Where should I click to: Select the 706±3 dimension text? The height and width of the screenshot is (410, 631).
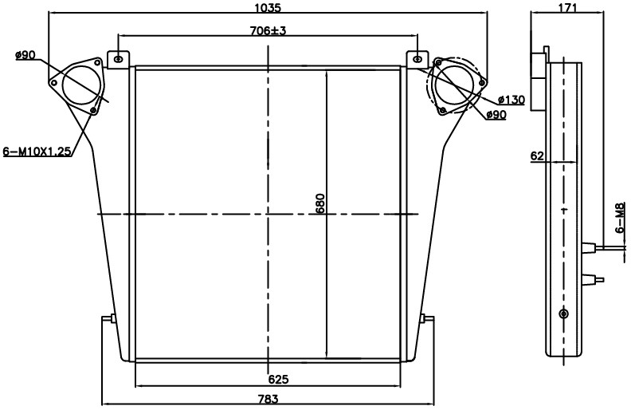[268, 30]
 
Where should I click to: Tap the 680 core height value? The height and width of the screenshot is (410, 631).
[320, 203]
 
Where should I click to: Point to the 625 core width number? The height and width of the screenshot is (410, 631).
[279, 379]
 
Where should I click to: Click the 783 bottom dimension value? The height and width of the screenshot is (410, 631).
[268, 399]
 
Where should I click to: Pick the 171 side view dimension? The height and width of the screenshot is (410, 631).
[567, 7]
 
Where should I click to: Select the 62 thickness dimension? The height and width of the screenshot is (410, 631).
[537, 156]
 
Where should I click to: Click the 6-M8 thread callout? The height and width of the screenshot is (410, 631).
[621, 219]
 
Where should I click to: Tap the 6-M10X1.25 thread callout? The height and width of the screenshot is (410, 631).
[37, 152]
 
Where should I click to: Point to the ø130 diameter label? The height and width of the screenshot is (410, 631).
[511, 100]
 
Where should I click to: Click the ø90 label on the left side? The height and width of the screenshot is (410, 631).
[25, 55]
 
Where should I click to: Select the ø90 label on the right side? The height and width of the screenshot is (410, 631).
[496, 115]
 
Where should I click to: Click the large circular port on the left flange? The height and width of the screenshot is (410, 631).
[80, 85]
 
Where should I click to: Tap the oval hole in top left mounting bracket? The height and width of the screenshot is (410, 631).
[118, 59]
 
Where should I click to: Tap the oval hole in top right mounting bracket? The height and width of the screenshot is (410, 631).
[418, 59]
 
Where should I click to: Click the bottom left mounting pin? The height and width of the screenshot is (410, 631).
[108, 320]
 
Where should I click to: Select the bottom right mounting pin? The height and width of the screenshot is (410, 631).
[427, 320]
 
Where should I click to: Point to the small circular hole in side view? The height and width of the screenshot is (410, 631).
[564, 313]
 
